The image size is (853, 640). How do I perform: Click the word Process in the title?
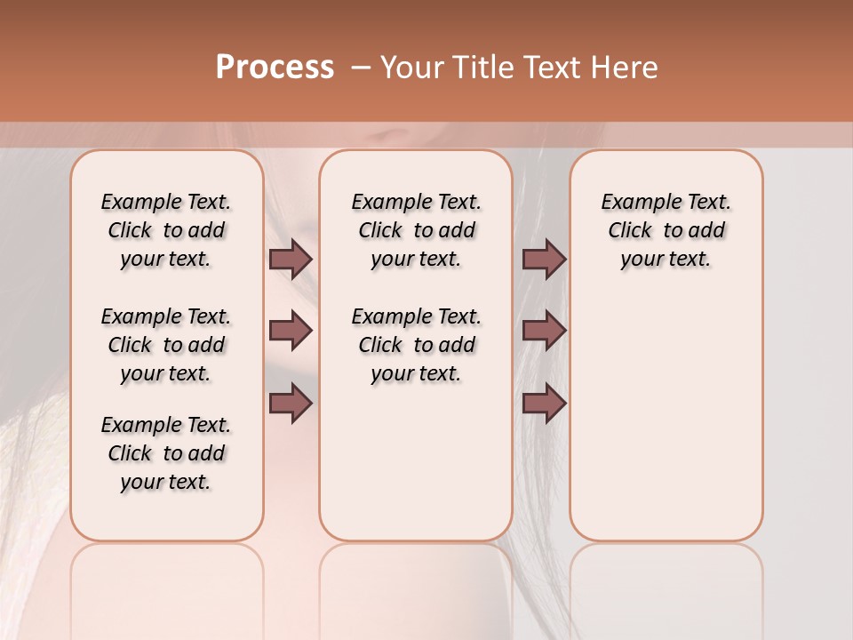[x=275, y=68]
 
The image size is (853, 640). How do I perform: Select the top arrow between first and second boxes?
[x=290, y=259]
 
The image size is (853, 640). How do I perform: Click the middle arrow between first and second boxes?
[x=290, y=331]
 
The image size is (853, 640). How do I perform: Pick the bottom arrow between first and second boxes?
[x=290, y=404]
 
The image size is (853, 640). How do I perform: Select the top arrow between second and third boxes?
[x=544, y=259]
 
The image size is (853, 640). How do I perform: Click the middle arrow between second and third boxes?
[x=544, y=331]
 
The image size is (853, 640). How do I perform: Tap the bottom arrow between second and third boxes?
[x=544, y=404]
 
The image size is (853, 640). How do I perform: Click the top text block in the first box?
[x=166, y=230]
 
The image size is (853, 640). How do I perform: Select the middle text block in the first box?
[x=166, y=345]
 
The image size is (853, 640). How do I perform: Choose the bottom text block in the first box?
[x=166, y=453]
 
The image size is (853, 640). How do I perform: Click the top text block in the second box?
[x=416, y=230]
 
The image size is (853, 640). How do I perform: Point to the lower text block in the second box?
[x=416, y=345]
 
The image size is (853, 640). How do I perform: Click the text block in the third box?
[x=666, y=230]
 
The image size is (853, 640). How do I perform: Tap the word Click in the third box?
[x=630, y=231]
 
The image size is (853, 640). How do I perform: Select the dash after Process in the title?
[x=361, y=68]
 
